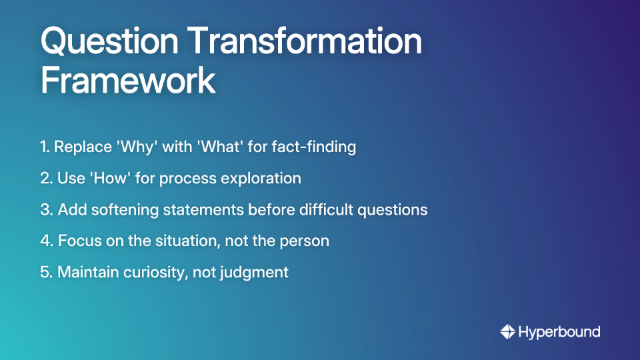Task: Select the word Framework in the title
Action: [128, 81]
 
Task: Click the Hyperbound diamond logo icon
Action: [507, 331]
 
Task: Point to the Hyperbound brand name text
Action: [559, 331]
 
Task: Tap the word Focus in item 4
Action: [77, 241]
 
